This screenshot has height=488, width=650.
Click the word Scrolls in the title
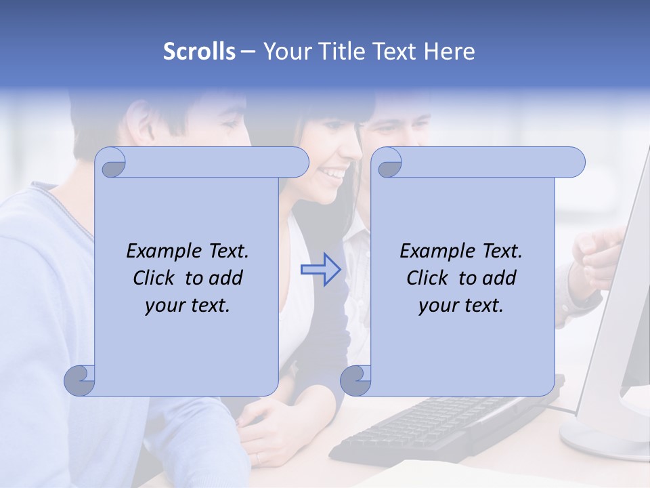(199, 52)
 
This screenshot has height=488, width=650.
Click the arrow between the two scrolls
(320, 269)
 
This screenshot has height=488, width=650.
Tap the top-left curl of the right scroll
(389, 163)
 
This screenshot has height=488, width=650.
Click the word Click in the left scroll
(156, 278)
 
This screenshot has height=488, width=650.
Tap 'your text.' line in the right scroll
(461, 305)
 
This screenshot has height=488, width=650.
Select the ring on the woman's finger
(257, 458)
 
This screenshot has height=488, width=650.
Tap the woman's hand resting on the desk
(271, 434)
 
